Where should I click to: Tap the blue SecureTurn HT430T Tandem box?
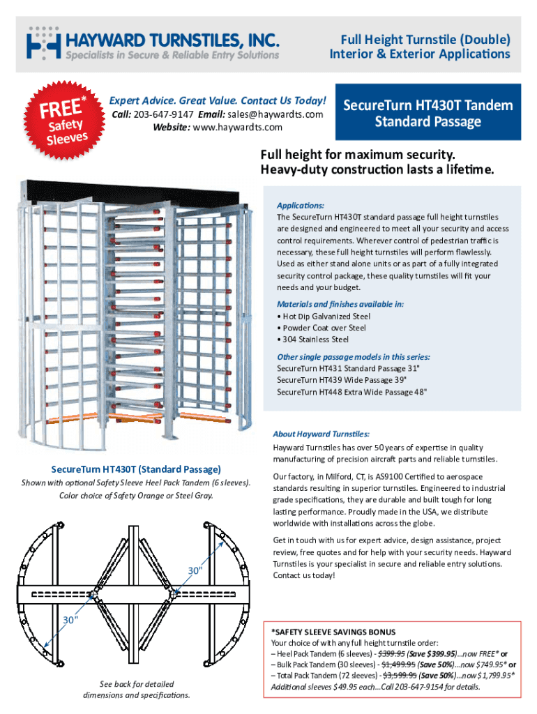coord(428,114)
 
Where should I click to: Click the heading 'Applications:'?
coord(301,206)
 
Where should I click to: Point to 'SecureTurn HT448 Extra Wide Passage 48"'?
coord(351,392)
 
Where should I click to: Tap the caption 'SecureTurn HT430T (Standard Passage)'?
coord(136,469)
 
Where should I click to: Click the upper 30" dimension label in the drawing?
coord(196,571)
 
